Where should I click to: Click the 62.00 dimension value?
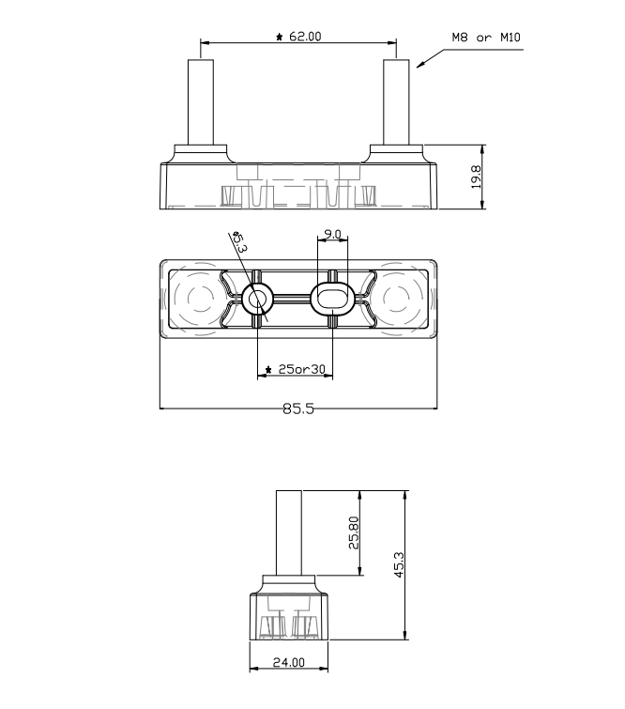305,37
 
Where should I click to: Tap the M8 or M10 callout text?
486,37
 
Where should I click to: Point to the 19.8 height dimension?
476,177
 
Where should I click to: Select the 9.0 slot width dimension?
332,234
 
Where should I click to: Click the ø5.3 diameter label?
240,241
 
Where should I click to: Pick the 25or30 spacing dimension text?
301,369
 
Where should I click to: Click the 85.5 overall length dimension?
297,408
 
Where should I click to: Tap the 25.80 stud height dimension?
354,532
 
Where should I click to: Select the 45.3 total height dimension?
399,564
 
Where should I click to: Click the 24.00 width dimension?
289,662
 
